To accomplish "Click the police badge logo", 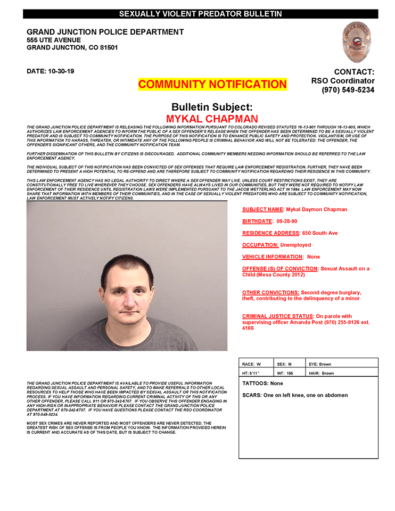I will (x=357, y=42).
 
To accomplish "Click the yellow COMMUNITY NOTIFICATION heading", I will (x=212, y=84).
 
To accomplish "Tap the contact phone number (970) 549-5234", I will (x=348, y=90).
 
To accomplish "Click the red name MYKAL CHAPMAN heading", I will (x=212, y=119).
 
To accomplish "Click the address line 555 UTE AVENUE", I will (x=54, y=40).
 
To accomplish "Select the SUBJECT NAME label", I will (x=262, y=209).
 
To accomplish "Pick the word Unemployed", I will (x=295, y=245).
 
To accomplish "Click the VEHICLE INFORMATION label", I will (x=273, y=257).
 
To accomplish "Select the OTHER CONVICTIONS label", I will (x=270, y=292).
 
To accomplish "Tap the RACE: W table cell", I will (x=256, y=364).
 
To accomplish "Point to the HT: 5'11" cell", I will (x=256, y=373).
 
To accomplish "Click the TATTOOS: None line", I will (x=262, y=383).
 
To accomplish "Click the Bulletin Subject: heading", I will (x=212, y=106).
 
